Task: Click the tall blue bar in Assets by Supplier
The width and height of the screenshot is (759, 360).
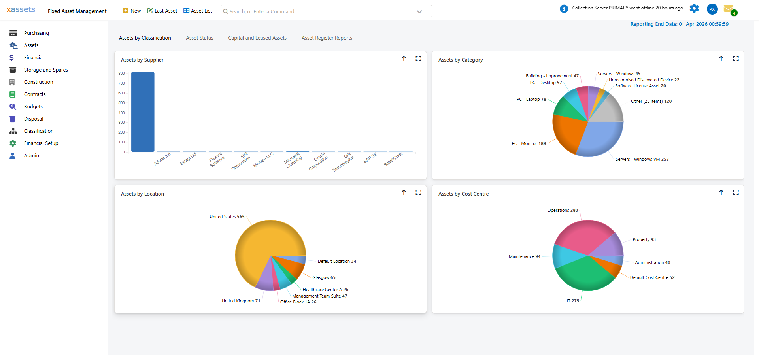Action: pos(143,112)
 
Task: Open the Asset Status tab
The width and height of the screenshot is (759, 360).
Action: pos(200,38)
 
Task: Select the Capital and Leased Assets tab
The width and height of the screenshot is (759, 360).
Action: pos(257,38)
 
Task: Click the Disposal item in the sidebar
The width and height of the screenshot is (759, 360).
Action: pos(34,119)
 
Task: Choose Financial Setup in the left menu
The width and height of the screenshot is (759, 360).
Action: pos(41,143)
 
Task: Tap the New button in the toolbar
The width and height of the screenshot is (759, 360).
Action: pos(132,11)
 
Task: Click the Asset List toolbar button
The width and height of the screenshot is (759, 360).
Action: pos(198,11)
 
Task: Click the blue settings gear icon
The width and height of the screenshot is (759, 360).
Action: pos(694,8)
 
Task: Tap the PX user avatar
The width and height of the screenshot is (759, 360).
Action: pos(712,9)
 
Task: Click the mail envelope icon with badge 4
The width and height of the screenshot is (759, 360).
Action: pos(729,9)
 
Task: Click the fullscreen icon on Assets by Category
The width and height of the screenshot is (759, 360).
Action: pos(736,58)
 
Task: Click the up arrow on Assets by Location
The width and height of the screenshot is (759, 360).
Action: pos(404,192)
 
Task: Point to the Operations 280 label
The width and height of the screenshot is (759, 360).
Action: pos(563,211)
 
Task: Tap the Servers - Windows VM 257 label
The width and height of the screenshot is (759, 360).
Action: pos(642,160)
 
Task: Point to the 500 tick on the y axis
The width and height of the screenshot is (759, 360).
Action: pos(121,103)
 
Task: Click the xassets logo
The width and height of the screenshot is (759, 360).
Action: pos(21,9)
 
